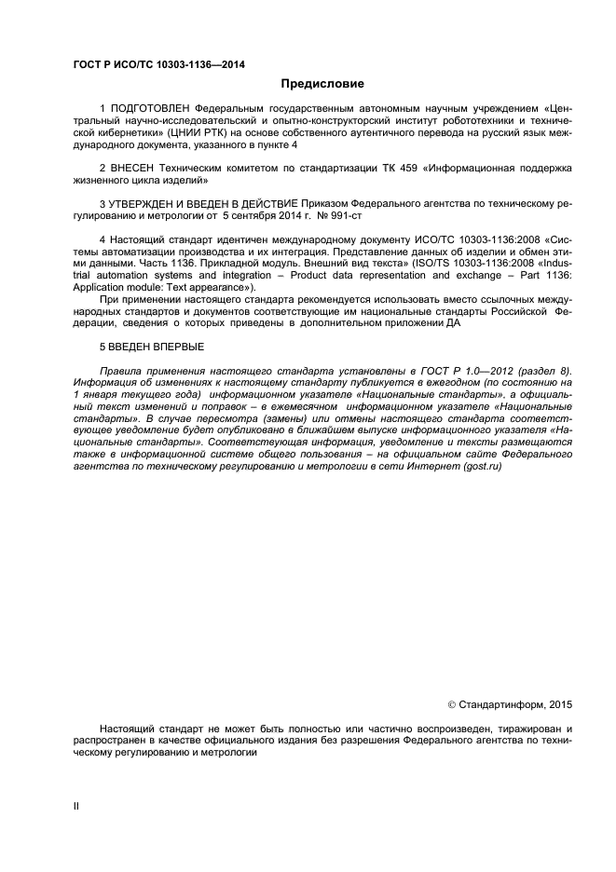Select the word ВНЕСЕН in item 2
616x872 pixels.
click(133, 168)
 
